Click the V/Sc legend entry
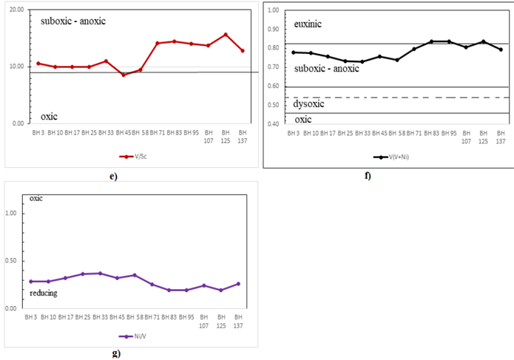[x=134, y=157]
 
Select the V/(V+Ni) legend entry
[x=390, y=157]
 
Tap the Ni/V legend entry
[x=134, y=336]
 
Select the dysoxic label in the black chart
[x=311, y=104]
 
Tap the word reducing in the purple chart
[x=45, y=293]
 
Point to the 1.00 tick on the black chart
[x=274, y=11]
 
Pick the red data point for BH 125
[x=226, y=35]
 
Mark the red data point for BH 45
[x=124, y=75]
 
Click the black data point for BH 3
[x=294, y=52]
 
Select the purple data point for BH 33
[x=101, y=274]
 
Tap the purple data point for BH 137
[x=238, y=284]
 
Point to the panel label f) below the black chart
[x=367, y=176]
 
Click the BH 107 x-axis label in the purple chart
[x=203, y=321]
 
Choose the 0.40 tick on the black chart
[x=274, y=123]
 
